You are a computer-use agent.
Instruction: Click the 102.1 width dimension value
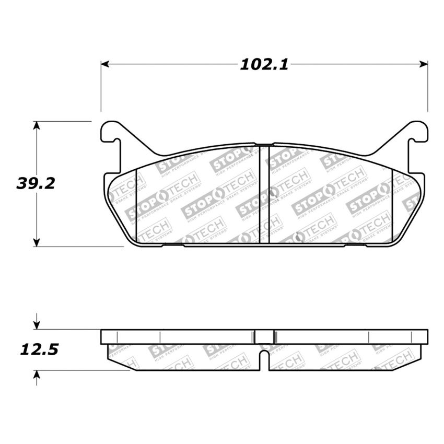[264, 64]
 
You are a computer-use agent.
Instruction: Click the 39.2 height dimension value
[36, 183]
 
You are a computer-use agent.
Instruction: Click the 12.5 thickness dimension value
[39, 349]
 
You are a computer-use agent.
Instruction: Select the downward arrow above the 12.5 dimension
[36, 324]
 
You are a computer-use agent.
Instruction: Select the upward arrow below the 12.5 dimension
[36, 375]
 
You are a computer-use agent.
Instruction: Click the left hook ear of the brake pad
[110, 132]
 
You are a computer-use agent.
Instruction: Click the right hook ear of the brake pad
[417, 132]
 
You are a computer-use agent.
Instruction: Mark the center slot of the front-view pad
[264, 193]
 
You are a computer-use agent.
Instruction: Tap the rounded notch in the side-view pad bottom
[264, 359]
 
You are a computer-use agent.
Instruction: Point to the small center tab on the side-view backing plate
[264, 336]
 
